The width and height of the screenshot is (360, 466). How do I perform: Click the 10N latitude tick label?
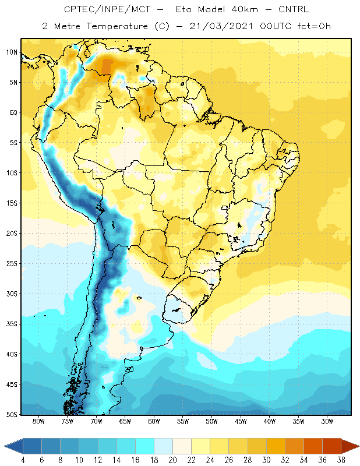click(12, 52)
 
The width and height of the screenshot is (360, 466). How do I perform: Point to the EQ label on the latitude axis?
click(13, 112)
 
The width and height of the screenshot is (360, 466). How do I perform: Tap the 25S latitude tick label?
click(12, 264)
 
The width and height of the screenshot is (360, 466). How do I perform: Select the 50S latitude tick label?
click(12, 415)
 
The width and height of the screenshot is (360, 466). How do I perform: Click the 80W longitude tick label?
click(38, 421)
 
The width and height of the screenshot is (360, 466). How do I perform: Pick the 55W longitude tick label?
click(183, 421)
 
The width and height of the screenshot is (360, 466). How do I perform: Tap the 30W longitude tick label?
click(327, 421)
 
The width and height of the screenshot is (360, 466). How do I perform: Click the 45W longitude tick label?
click(241, 421)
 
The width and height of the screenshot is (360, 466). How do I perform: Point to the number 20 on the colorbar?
click(172, 460)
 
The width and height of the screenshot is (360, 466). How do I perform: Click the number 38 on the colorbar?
click(341, 460)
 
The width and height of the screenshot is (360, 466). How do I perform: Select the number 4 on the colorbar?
click(23, 460)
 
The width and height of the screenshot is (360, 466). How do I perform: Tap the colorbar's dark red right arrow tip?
click(359, 446)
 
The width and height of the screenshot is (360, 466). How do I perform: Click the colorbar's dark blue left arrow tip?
click(5, 446)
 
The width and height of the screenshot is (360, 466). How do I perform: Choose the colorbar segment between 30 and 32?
click(276, 446)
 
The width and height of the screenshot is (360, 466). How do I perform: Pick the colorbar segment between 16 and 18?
click(145, 446)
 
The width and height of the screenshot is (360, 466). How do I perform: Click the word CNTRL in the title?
click(294, 9)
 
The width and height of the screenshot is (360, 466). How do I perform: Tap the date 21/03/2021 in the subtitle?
click(221, 26)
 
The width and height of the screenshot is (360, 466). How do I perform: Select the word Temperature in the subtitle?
click(117, 26)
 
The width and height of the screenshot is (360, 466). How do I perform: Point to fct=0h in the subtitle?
click(314, 26)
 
